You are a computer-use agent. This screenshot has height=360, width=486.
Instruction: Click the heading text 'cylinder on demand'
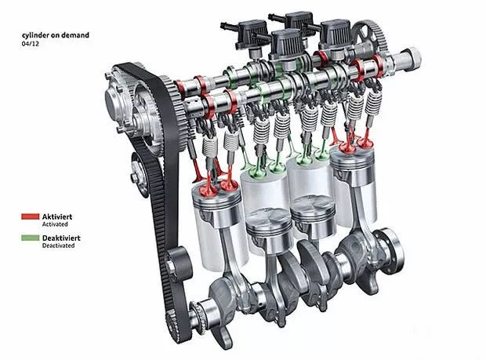pos(56,35)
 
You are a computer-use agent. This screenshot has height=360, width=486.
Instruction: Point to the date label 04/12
pos(31,44)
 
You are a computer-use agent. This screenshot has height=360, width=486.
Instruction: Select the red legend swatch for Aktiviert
pos(31,216)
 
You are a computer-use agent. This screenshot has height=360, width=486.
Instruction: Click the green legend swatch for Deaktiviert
pos(31,238)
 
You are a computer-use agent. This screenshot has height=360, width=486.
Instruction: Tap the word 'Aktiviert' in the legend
pos(57,216)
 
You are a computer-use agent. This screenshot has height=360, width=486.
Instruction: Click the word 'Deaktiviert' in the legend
pos(61,238)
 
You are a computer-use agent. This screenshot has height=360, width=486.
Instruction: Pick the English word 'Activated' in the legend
pos(55,224)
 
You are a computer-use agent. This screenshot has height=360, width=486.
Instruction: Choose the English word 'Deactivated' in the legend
pos(58,245)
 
